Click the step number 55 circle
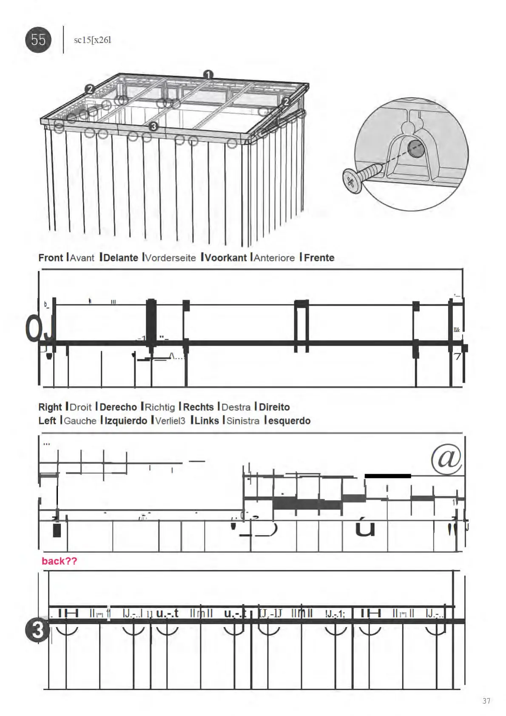tap(38, 40)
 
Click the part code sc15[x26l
tap(92, 40)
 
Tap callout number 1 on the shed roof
tap(208, 75)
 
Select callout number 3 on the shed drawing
tap(154, 126)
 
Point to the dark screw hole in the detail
tap(416, 149)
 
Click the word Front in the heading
tap(51, 258)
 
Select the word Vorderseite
tap(171, 258)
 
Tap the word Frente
tap(319, 258)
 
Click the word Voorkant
tap(226, 258)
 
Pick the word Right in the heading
tap(50, 407)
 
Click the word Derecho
tap(118, 407)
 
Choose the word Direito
tap(274, 407)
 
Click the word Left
tap(47, 421)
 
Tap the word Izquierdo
tap(126, 421)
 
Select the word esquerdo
tap(289, 421)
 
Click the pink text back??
tap(60, 561)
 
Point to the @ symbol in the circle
tap(446, 459)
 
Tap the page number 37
tap(486, 701)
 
